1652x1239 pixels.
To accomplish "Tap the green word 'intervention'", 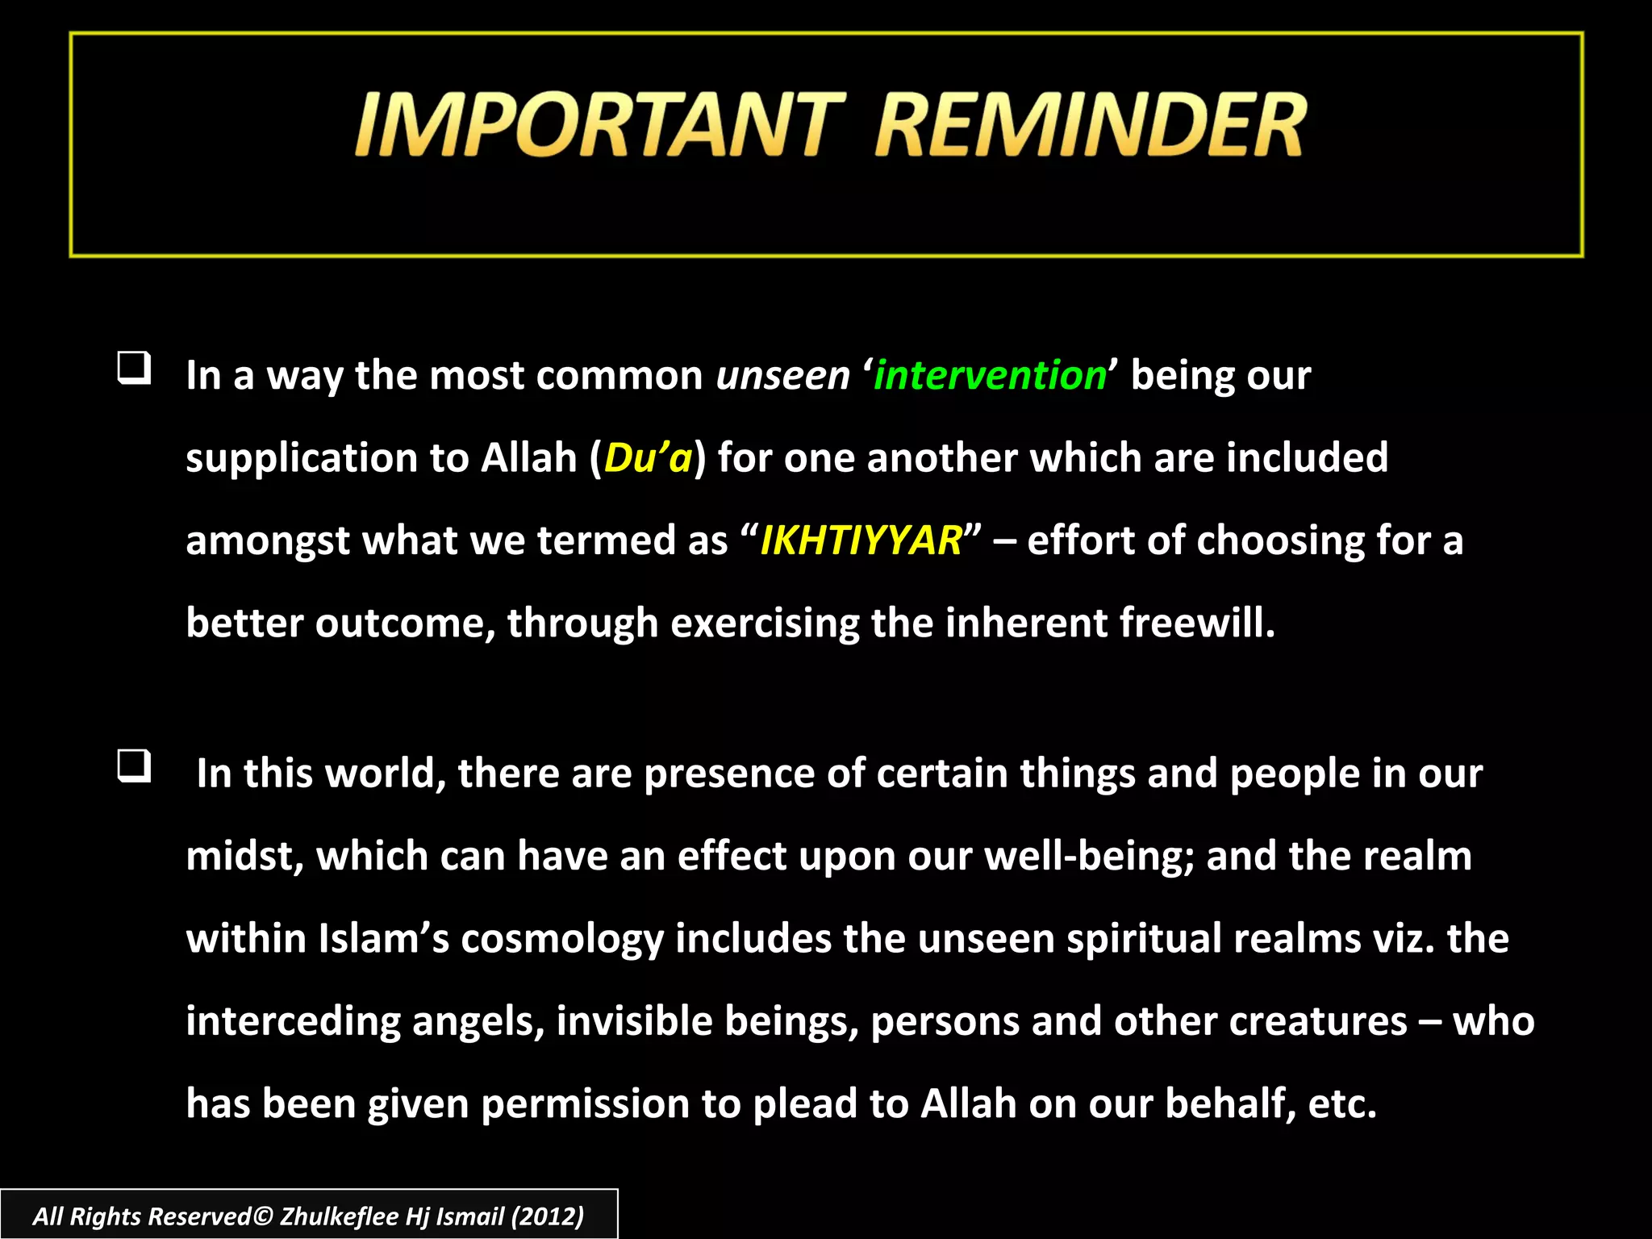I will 990,376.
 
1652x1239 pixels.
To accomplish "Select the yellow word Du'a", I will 648,458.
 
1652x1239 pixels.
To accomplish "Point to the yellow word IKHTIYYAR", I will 861,540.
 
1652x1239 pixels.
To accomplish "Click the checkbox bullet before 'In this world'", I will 134,766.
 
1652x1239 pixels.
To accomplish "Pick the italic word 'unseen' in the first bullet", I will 782,376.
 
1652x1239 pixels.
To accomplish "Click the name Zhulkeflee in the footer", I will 340,1216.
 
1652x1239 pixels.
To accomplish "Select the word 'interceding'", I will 293,1022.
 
